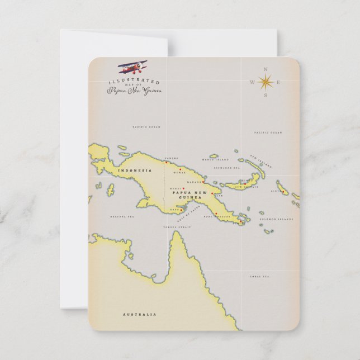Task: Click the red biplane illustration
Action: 130,69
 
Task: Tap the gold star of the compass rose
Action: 265,82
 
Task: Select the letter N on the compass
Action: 265,69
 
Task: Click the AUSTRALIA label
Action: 139,314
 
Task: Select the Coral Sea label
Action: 259,276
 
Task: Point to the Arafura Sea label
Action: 122,216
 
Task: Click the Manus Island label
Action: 215,160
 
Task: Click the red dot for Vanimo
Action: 166,163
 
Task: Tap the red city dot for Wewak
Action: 180,169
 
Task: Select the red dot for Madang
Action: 203,181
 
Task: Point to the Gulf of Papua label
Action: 188,215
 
